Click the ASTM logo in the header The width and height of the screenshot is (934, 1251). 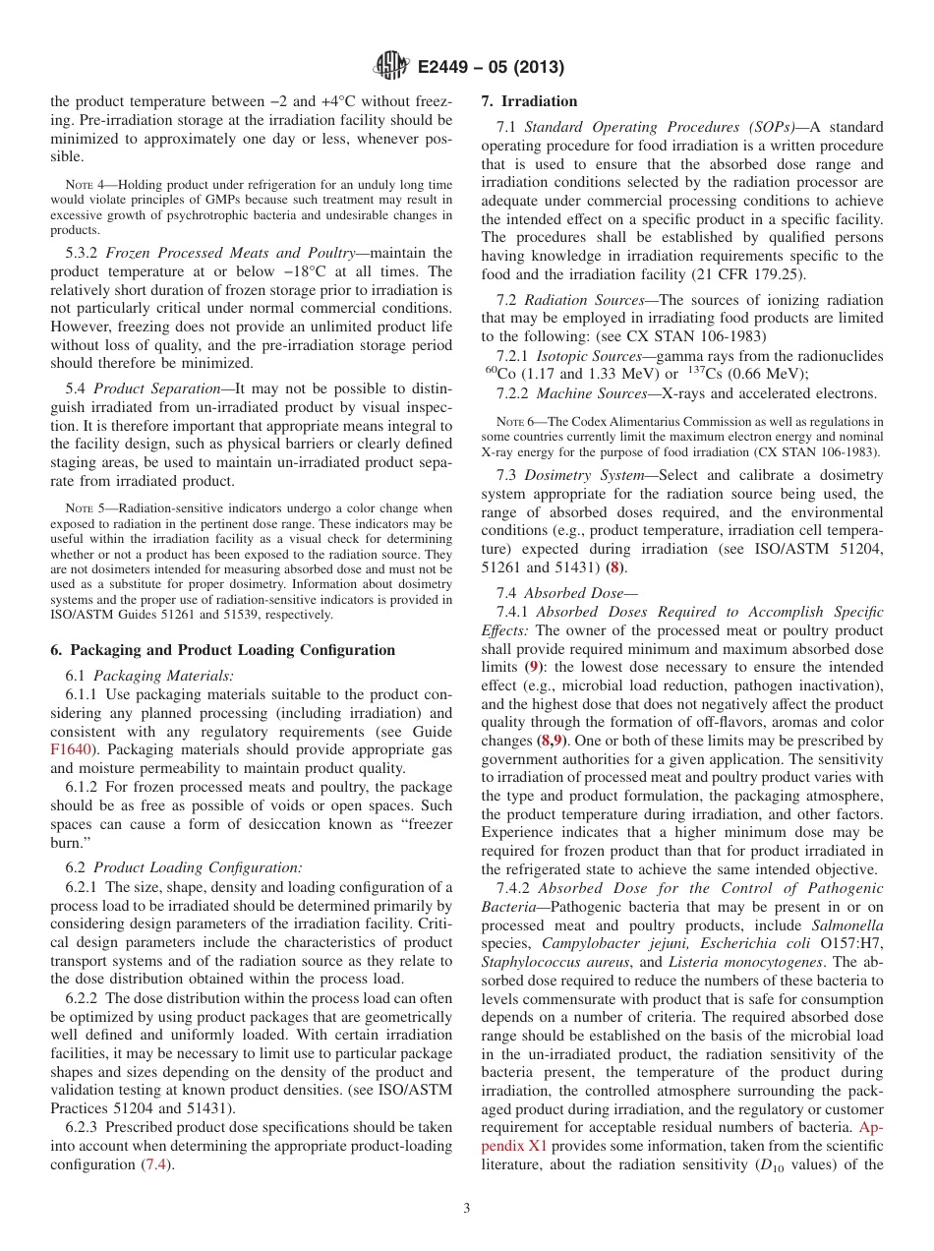(390, 67)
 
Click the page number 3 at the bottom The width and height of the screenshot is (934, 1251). (466, 1209)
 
